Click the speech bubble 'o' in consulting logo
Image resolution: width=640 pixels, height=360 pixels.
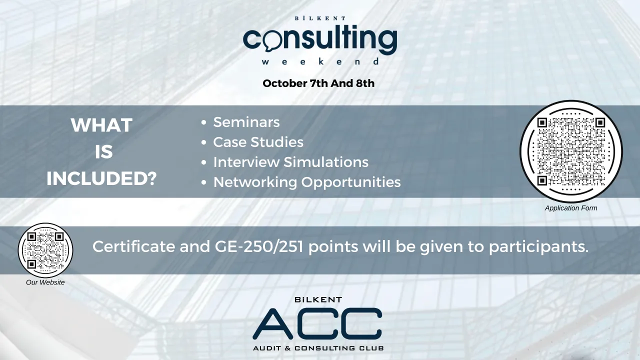pos(270,41)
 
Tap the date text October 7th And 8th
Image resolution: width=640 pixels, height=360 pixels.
pos(318,83)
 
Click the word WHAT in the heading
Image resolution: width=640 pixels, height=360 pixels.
pos(101,125)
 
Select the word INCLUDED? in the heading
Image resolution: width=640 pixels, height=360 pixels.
pos(101,179)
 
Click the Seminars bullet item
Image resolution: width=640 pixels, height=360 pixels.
pos(246,122)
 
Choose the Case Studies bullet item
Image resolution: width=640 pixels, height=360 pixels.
pos(258,142)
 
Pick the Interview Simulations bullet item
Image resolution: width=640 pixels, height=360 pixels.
pos(290,162)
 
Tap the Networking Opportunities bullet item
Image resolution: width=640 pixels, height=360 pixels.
pos(306,182)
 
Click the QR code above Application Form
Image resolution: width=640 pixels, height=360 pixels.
pos(571,151)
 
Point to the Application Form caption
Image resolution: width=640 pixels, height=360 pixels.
pos(571,208)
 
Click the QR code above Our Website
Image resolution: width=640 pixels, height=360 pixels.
pos(45,250)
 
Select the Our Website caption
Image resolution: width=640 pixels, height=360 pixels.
pos(45,282)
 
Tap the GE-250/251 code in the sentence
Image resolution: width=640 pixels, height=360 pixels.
pos(255,246)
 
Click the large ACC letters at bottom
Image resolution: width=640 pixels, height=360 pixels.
pos(317,323)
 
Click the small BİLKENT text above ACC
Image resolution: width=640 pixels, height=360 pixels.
pos(318,300)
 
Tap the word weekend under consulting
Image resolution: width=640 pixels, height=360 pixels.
pos(320,62)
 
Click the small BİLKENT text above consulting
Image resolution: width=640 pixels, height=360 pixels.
pos(320,18)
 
